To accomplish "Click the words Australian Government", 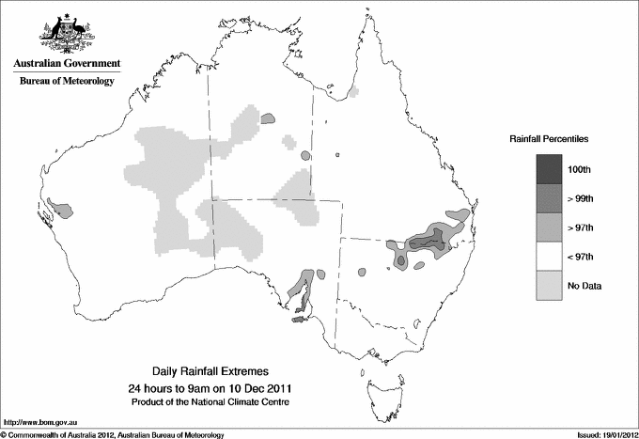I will pyautogui.click(x=66, y=64).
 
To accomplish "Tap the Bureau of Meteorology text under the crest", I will pyautogui.click(x=66, y=82).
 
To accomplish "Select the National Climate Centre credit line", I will pyautogui.click(x=210, y=402).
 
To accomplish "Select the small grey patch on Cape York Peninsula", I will pyautogui.click(x=353, y=93).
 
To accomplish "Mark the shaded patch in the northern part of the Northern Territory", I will pyautogui.click(x=269, y=119).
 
